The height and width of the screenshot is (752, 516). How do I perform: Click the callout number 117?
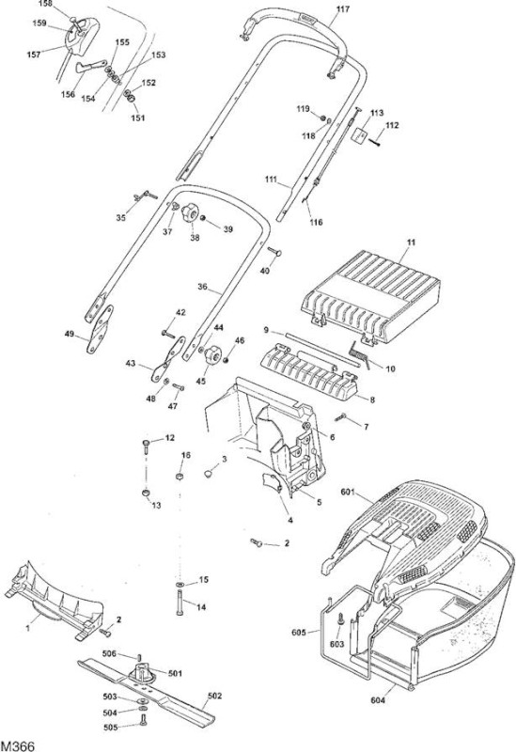coord(343,9)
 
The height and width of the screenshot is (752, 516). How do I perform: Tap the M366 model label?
coord(17,746)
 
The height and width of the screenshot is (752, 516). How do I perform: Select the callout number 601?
coord(347,492)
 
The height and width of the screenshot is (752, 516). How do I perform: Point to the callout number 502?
coord(214,696)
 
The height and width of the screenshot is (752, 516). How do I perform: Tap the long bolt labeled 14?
coord(180,602)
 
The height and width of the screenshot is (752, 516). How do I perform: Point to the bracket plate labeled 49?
coord(100,330)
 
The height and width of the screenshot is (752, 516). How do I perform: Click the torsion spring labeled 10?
coord(360,355)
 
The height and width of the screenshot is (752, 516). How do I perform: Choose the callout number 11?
coord(411,243)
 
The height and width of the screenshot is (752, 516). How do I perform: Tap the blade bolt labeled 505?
coord(143,720)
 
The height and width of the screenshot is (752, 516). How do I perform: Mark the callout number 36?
coord(203,287)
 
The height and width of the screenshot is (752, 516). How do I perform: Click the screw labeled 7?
coord(341,416)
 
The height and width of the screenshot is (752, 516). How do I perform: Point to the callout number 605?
coord(298,632)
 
